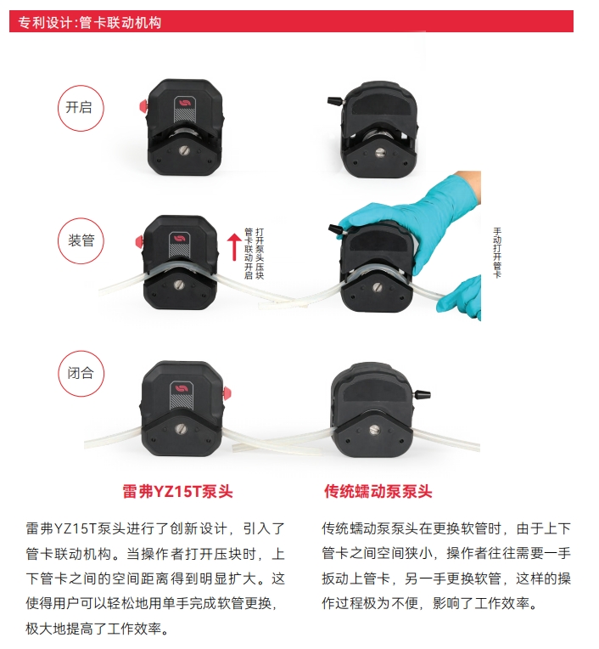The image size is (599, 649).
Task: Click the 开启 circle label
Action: [x=81, y=108]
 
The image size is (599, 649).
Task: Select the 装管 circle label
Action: [x=81, y=240]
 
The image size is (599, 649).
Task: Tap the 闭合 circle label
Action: [x=81, y=373]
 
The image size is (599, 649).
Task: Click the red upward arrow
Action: [x=234, y=247]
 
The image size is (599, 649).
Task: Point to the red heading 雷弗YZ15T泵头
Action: [x=178, y=491]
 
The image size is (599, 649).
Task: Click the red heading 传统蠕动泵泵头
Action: [x=378, y=491]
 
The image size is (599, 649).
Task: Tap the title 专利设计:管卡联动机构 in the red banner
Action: [x=89, y=22]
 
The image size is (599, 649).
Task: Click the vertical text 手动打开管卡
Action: [x=497, y=252]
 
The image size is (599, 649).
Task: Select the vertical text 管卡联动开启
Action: [x=249, y=253]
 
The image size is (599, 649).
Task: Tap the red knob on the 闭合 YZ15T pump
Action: [x=227, y=393]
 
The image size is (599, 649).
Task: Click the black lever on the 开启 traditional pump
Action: [x=336, y=100]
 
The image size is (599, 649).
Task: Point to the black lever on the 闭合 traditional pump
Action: [x=422, y=394]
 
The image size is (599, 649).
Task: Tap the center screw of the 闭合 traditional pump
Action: [x=374, y=430]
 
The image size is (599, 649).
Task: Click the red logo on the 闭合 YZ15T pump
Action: [x=181, y=389]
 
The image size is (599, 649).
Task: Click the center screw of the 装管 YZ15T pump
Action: [x=178, y=285]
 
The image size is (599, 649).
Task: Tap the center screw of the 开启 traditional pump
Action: [x=379, y=153]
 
